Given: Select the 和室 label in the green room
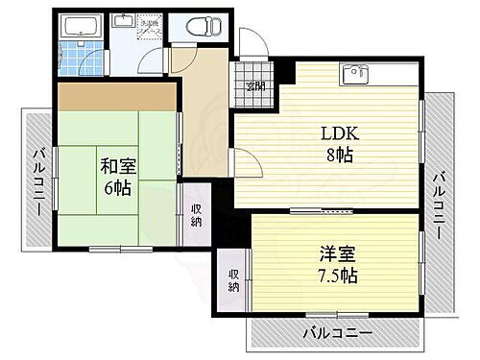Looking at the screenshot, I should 117,166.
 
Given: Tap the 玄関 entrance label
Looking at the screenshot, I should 254,86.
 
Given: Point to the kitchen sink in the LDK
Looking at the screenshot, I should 354,73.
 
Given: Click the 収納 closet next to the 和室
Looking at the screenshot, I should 196,214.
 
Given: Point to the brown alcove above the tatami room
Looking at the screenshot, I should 117,96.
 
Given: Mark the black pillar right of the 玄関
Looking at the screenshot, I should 284,71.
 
